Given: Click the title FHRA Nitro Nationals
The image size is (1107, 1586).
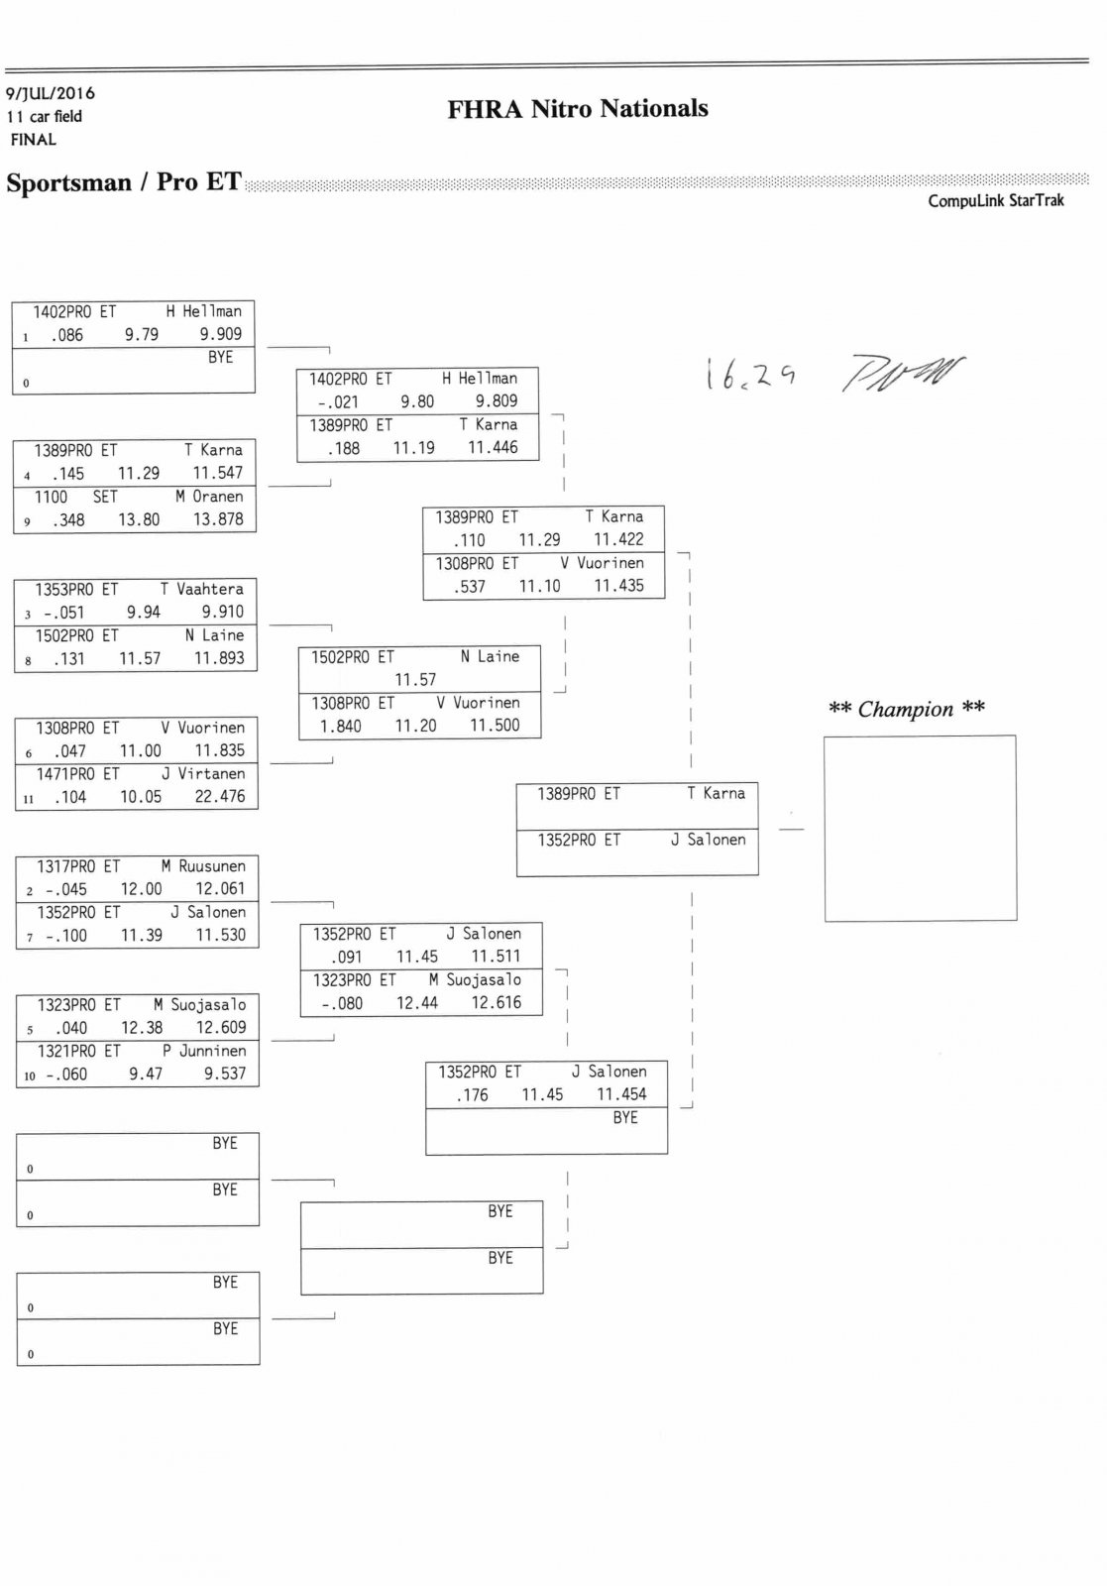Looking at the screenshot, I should (x=578, y=108).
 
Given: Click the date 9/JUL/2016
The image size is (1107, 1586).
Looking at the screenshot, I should (x=51, y=93).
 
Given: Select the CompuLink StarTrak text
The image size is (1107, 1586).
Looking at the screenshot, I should (x=995, y=200).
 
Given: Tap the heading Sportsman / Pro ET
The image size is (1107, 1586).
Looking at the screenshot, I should (x=124, y=182).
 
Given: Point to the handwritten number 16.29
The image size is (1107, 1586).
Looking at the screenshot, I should (x=750, y=374).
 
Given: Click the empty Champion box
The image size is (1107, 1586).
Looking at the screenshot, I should (x=920, y=828).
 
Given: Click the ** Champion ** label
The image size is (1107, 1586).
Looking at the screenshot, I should (x=906, y=709).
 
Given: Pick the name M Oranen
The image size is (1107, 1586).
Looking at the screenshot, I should (x=209, y=497).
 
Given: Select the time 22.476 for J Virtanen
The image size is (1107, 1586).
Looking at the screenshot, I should (x=220, y=796).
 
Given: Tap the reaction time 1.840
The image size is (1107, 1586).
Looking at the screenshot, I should (x=340, y=726).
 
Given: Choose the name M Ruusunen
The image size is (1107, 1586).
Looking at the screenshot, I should (x=203, y=865).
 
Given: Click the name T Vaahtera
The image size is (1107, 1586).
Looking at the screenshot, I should (x=202, y=589).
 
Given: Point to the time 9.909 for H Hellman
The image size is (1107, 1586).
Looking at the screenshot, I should (x=220, y=334).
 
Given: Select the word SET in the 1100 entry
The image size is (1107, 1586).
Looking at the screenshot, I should (x=105, y=497).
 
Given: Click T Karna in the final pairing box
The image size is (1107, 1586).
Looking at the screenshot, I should (x=716, y=793).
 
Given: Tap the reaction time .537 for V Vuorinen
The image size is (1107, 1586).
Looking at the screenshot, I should (x=470, y=586).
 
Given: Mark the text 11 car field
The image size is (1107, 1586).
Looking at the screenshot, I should (x=45, y=116).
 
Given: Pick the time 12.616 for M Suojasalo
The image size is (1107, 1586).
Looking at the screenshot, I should (x=496, y=1002).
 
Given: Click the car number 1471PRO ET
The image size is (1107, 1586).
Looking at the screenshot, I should (x=78, y=773).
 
